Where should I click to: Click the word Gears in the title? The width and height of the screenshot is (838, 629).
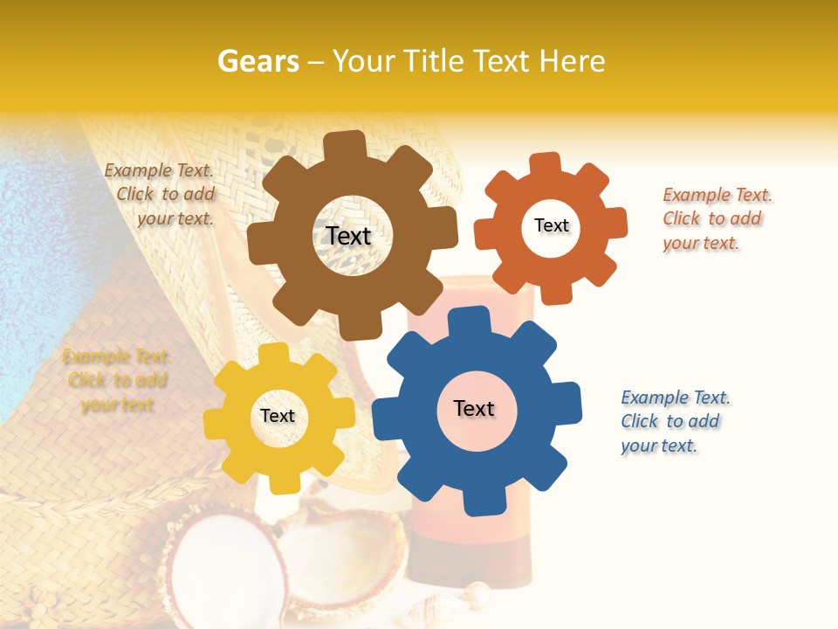coord(258,61)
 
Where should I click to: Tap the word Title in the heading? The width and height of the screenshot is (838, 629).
coord(431,61)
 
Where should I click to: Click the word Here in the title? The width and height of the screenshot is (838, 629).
coord(572,61)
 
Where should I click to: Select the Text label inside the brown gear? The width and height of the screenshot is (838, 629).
coord(348,236)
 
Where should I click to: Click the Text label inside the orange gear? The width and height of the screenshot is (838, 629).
coord(551,225)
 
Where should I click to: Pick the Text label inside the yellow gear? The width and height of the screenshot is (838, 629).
coord(278,416)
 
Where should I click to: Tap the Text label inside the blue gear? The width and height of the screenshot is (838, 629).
coord(474,408)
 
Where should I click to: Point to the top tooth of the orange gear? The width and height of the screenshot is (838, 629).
coord(545,165)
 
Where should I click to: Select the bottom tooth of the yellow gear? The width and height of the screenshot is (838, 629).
coord(283,480)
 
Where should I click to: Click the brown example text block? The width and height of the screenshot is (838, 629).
coord(162,195)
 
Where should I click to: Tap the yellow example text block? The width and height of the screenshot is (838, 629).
coord(117,381)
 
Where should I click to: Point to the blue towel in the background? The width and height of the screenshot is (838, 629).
coord(35,262)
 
